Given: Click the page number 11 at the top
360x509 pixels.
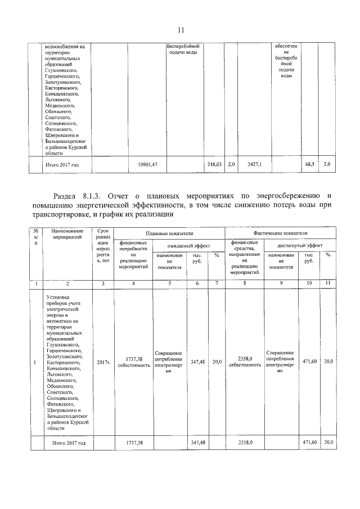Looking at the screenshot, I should [x=181, y=30].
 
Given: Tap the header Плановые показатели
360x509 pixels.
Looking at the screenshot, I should [x=169, y=232].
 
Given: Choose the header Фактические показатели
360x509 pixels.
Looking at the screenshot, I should [x=280, y=232].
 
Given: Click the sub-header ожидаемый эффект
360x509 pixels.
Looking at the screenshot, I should [x=188, y=245].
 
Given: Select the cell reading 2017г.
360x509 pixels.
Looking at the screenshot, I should [x=103, y=362].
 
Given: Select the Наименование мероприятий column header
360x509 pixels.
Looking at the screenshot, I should [x=67, y=235].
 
